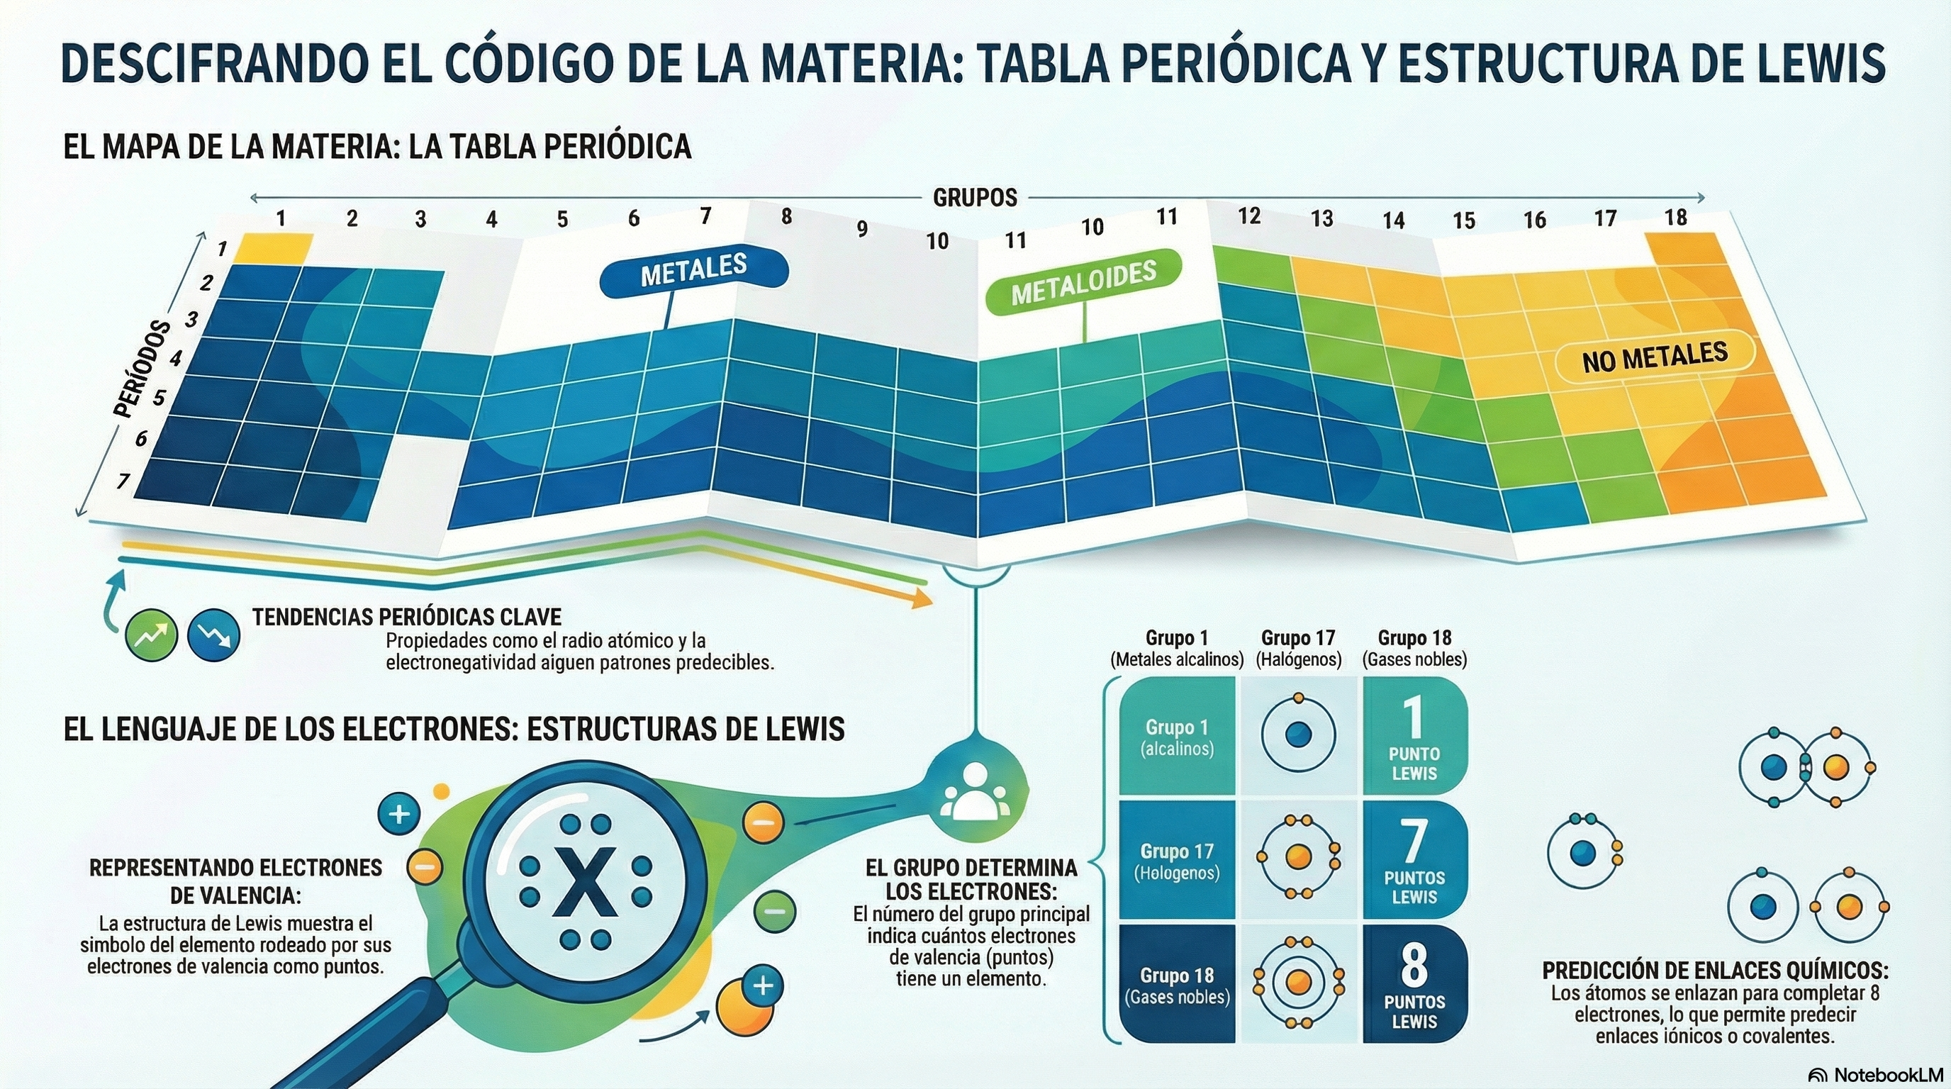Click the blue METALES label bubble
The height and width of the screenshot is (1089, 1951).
pos(694,271)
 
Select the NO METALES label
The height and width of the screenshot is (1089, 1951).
pos(1654,357)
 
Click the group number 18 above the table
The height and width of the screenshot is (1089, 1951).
pos(1675,218)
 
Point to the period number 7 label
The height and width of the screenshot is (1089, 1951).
pos(123,480)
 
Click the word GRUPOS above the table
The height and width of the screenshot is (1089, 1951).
pos(975,199)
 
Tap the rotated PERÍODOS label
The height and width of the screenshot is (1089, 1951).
pos(142,369)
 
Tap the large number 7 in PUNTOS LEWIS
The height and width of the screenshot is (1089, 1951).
pos(1413,842)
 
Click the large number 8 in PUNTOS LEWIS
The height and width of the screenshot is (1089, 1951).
pos(1413,965)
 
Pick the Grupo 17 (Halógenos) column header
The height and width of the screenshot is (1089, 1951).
pos(1298,648)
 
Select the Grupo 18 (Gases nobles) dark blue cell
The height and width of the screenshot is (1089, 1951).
pos(1177,985)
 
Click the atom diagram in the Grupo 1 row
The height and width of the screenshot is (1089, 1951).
pos(1298,735)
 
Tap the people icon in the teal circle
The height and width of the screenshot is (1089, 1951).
pos(975,791)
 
